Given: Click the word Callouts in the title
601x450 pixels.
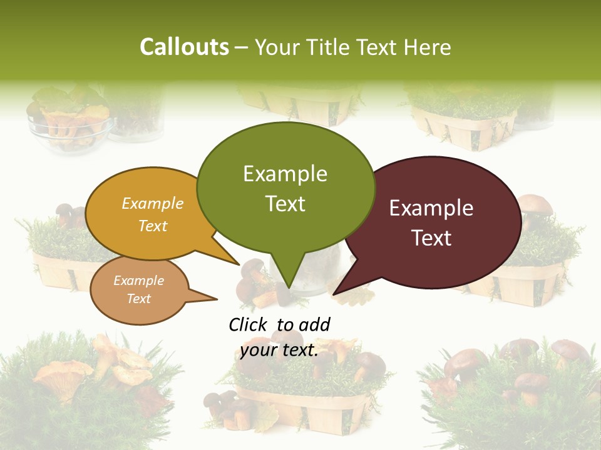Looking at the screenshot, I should coord(184,47).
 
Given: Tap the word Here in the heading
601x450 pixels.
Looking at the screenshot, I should coord(428,47).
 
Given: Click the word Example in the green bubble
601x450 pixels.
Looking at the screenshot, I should coord(285,174).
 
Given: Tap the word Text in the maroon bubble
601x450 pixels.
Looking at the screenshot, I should coord(431,238).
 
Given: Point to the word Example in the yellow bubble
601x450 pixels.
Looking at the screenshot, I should coord(152,204).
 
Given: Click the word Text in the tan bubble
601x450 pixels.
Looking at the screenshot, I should coord(138,299).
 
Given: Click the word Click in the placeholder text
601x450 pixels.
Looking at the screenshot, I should coord(248,324).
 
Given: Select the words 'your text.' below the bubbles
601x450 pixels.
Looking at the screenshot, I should coord(279,350).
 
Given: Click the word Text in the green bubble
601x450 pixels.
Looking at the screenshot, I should coord(285,204).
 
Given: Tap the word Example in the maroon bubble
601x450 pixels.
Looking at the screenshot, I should coord(431,208).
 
